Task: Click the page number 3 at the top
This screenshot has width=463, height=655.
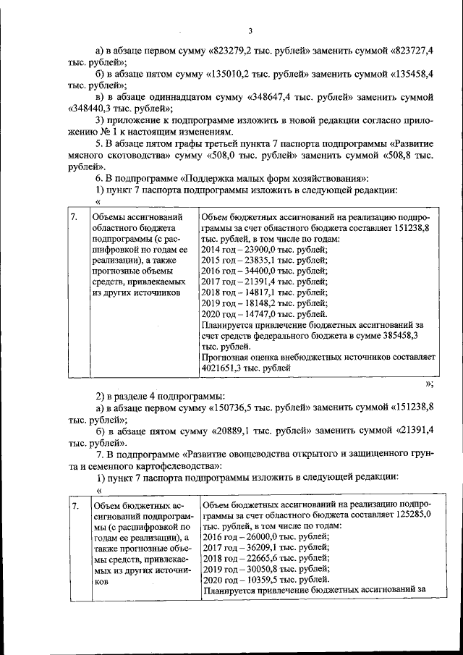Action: [250, 30]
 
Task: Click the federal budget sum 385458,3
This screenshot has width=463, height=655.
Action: [414, 336]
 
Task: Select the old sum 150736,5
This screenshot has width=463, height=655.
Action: [234, 408]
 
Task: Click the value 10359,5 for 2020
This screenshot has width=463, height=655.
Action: [281, 580]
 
